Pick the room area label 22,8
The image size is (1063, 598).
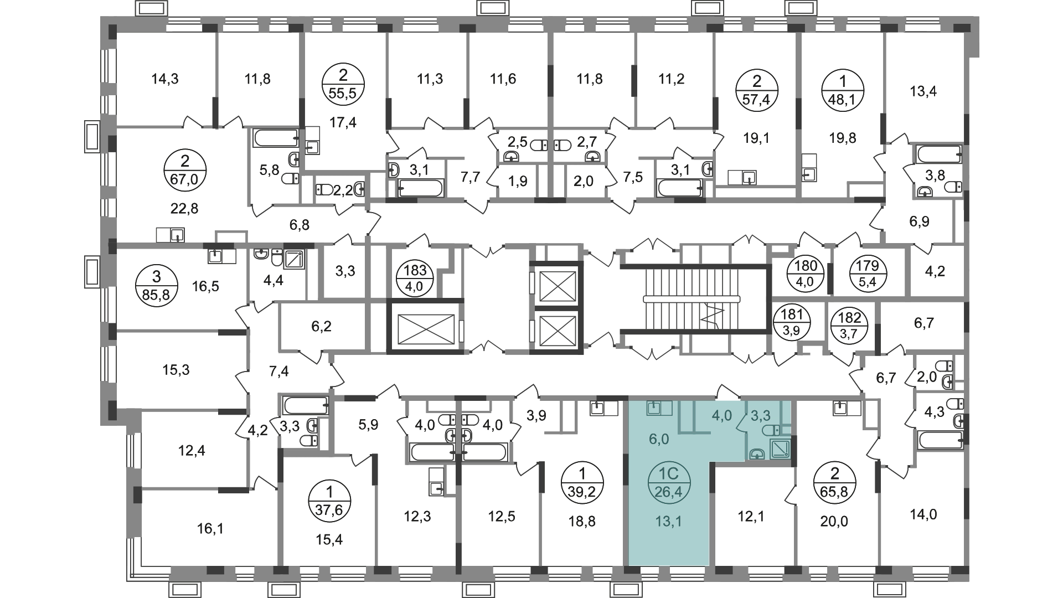[185, 209]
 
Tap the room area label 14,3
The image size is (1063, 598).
[165, 79]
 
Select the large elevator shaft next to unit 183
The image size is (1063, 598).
[422, 326]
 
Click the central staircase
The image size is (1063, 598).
[693, 298]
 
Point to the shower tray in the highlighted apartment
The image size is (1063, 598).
[782, 448]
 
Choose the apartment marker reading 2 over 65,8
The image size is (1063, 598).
[835, 483]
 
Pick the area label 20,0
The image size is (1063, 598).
[835, 520]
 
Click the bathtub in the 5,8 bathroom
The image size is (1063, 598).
[277, 138]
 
